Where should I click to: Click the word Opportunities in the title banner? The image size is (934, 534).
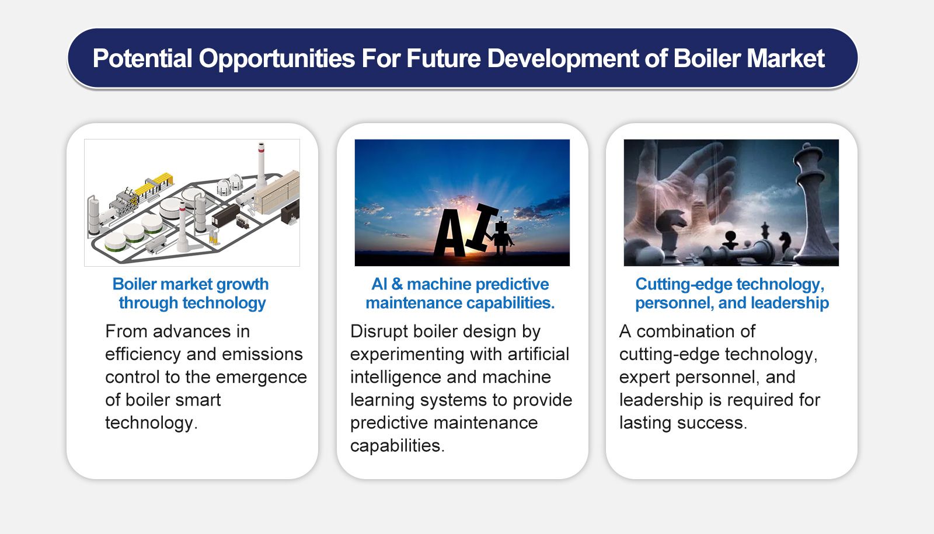pos(277,59)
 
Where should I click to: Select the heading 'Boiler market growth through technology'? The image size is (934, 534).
pos(191,294)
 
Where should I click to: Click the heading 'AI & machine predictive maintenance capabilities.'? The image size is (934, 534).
pos(460,294)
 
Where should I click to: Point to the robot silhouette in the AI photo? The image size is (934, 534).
pos(501,236)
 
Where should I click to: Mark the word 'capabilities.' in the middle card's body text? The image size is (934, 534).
pos(397,446)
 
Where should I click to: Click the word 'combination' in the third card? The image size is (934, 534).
pos(696,331)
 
